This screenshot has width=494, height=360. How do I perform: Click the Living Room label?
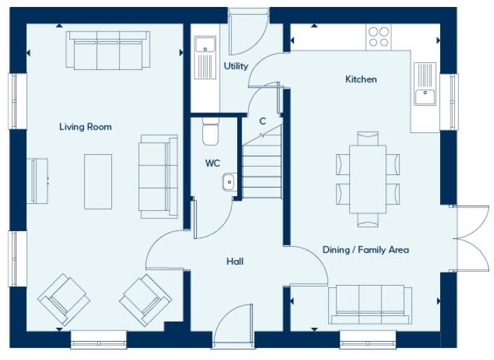click(85, 127)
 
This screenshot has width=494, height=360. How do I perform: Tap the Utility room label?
click(236, 67)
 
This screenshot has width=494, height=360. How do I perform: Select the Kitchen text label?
click(361, 79)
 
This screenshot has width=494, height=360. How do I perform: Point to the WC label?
click(213, 163)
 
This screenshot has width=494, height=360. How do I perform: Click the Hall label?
click(235, 261)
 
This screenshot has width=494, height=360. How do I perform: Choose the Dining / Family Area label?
click(365, 249)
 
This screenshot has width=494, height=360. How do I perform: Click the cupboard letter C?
click(262, 121)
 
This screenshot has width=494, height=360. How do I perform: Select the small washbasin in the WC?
click(229, 182)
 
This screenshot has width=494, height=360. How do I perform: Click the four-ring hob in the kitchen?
click(379, 36)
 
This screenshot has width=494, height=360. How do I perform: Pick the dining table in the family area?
click(367, 179)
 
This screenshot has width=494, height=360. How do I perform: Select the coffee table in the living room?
click(98, 181)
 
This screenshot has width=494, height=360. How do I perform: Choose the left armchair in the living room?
click(64, 299)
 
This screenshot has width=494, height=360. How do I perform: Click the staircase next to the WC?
click(262, 165)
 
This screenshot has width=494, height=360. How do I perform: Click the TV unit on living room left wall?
click(38, 180)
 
